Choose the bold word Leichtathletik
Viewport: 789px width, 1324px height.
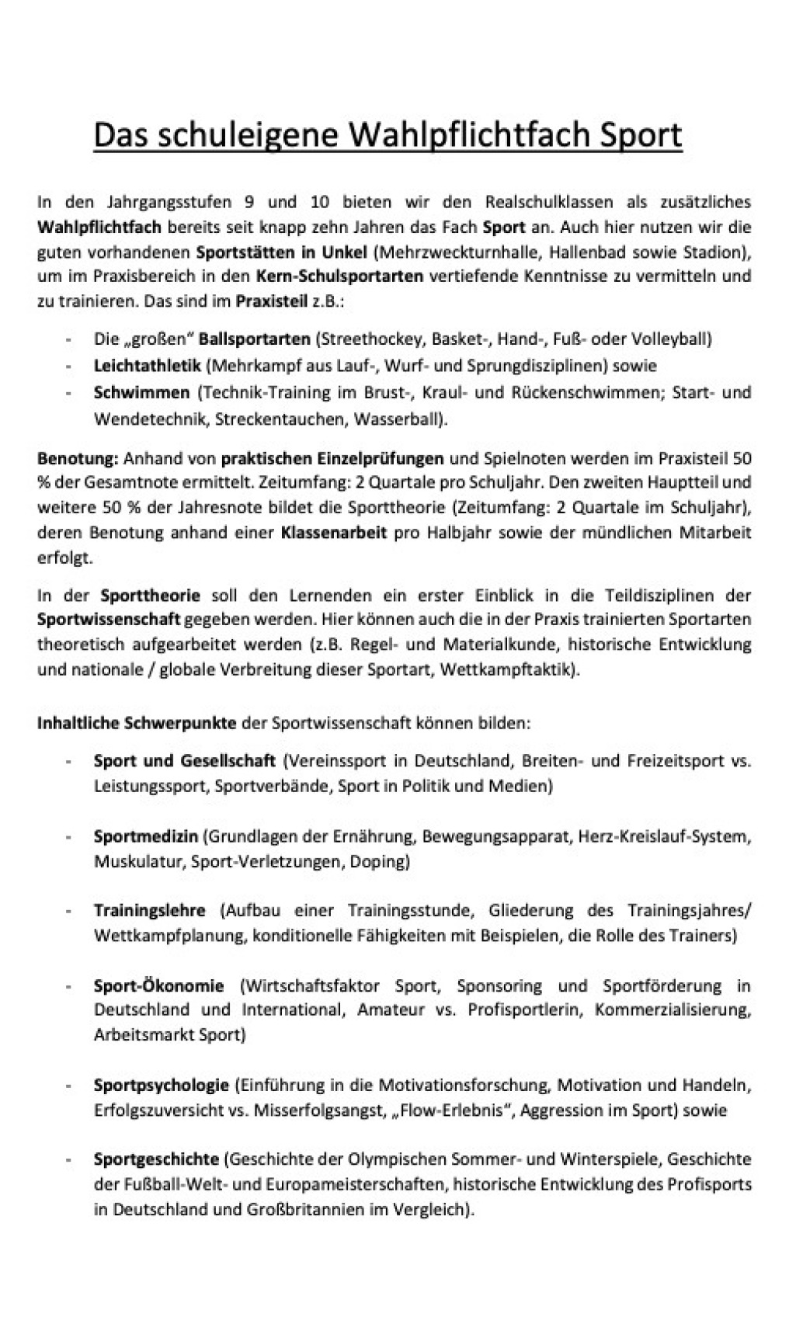click(x=147, y=365)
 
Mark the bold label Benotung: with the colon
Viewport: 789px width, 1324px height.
click(x=78, y=458)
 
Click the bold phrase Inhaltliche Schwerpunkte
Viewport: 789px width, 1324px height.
click(x=137, y=723)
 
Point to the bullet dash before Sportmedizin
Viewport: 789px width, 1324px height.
click(x=70, y=837)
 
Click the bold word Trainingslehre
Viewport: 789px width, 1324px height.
click(x=149, y=911)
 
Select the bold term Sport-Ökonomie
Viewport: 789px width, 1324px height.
click(x=158, y=986)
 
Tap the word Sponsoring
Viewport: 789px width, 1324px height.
click(x=499, y=986)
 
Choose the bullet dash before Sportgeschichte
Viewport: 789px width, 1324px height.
click(x=70, y=1160)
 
